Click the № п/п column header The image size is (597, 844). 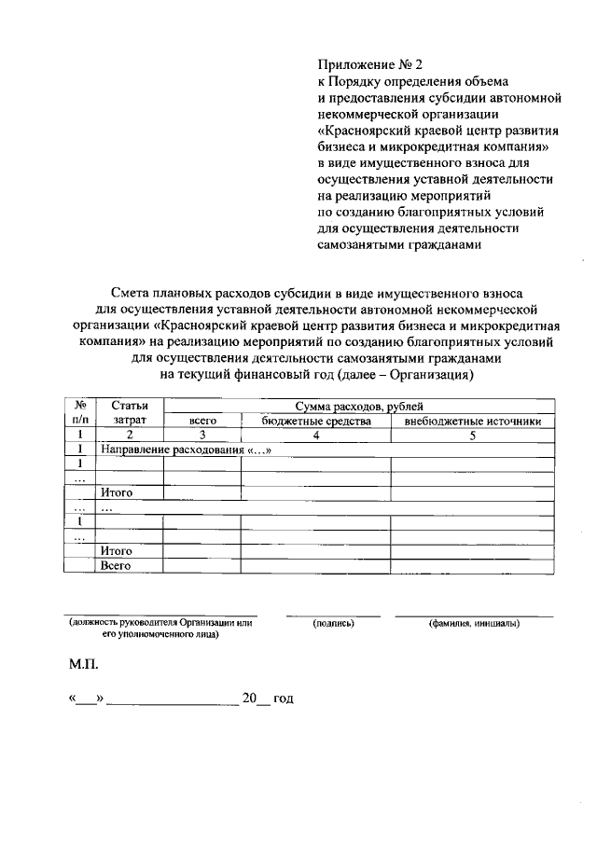coord(80,413)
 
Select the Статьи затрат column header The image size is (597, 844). coord(130,413)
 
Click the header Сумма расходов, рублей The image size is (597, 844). coord(359,407)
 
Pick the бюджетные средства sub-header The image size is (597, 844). coord(316,421)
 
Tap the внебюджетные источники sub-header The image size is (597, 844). coord(472,421)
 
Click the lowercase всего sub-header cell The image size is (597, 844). coord(202,421)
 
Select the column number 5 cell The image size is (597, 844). coord(472,435)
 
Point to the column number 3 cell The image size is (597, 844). coord(202,435)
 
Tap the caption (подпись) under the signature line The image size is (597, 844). coord(333,623)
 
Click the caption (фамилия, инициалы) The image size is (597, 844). coord(474,623)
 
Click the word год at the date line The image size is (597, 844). coord(283,698)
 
